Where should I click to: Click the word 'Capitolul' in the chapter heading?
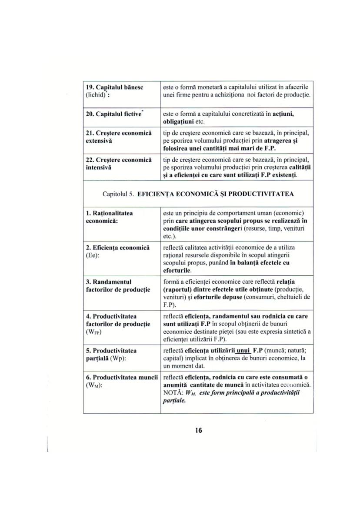115,194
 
